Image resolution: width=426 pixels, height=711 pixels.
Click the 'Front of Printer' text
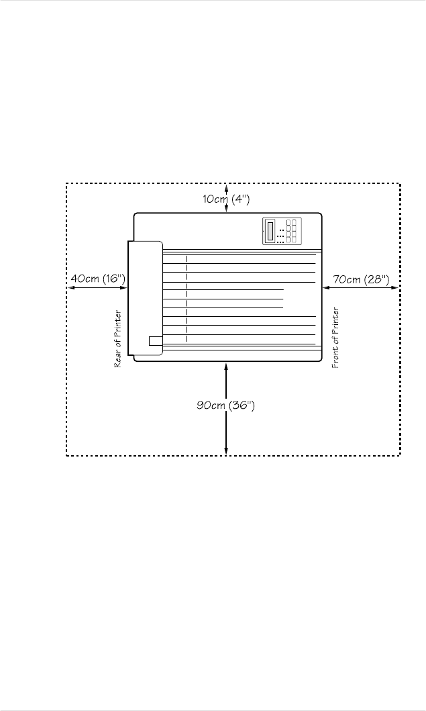pyautogui.click(x=336, y=338)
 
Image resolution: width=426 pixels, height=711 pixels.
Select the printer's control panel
pyautogui.click(x=282, y=232)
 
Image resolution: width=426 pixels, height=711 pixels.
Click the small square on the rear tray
pyautogui.click(x=155, y=340)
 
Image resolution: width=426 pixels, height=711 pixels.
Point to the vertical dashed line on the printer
pyautogui.click(x=187, y=299)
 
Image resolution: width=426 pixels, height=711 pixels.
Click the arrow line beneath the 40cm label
pyautogui.click(x=97, y=288)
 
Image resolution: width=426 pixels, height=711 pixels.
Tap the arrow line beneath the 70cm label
pyautogui.click(x=360, y=288)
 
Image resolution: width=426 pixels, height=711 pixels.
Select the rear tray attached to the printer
pyautogui.click(x=145, y=297)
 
